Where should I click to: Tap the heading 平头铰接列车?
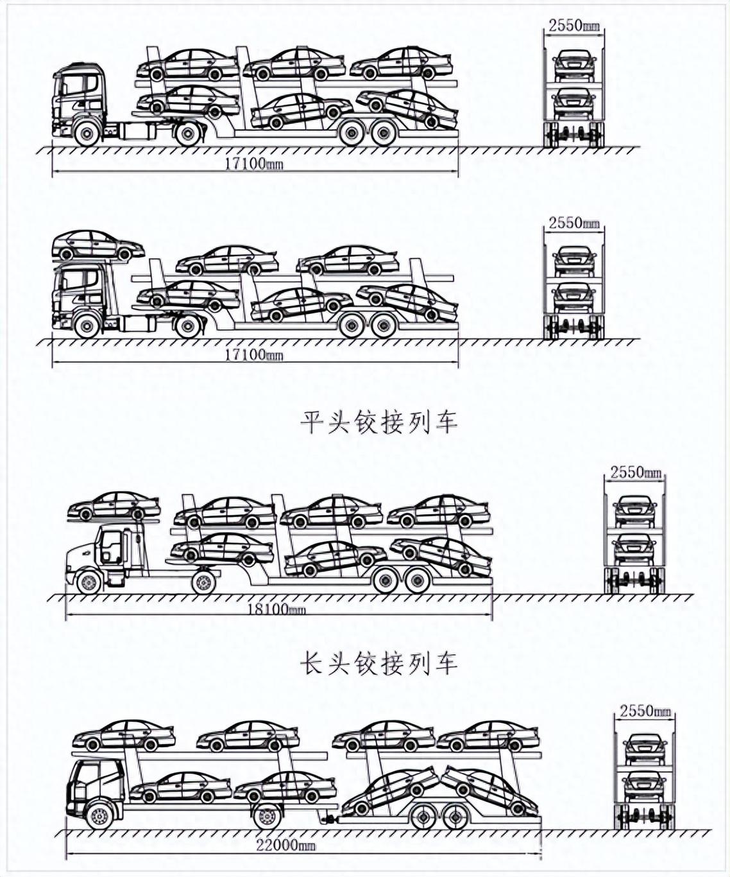[x=379, y=422]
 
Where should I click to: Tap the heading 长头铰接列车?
[x=379, y=664]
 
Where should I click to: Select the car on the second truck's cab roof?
[x=98, y=245]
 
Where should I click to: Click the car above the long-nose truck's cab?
[x=114, y=506]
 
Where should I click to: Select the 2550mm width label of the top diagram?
[x=573, y=26]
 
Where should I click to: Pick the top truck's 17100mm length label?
[x=253, y=164]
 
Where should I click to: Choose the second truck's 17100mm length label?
[x=253, y=355]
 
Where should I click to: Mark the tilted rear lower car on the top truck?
[x=407, y=107]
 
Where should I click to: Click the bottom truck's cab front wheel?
[x=99, y=815]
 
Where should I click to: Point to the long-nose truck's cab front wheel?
[x=89, y=582]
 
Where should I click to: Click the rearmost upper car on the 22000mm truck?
[x=488, y=735]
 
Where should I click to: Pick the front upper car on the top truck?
[x=187, y=64]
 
